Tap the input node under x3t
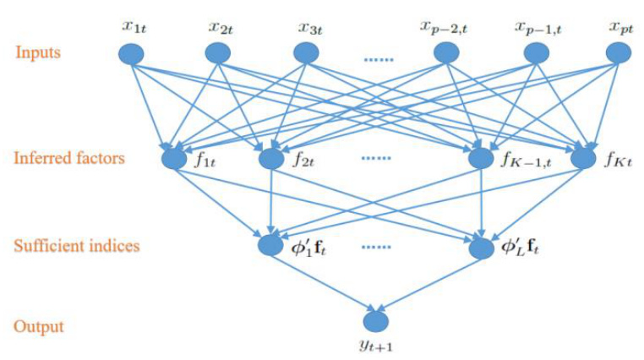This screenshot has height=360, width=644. point(306,54)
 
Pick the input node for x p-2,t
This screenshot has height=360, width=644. point(446,54)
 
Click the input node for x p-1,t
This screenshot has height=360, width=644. point(536,54)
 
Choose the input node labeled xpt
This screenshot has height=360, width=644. point(619,54)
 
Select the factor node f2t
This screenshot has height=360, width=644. point(270,158)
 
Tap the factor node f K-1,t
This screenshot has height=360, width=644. point(480,158)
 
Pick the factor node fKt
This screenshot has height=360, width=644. point(583,158)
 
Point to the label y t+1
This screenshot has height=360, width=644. point(375,346)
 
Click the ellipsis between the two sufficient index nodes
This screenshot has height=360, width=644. point(375,248)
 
